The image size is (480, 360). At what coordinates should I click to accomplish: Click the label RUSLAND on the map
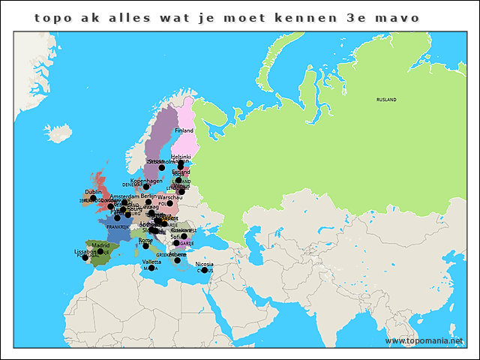(386, 99)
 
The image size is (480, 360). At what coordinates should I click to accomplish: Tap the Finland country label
(184, 130)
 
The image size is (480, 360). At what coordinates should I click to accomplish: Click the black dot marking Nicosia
(204, 271)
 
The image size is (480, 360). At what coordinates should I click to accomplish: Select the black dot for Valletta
(151, 268)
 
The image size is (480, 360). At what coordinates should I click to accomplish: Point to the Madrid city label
(100, 245)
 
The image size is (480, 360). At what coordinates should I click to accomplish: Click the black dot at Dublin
(94, 199)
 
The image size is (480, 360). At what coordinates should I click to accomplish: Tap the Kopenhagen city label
(146, 180)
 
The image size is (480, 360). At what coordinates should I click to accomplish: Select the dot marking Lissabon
(85, 257)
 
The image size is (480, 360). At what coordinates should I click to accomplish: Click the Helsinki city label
(181, 157)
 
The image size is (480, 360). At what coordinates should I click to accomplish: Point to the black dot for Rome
(145, 246)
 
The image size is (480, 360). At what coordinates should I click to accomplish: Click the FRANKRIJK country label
(118, 226)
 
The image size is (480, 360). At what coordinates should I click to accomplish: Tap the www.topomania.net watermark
(429, 340)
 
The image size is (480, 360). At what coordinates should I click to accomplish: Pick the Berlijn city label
(148, 196)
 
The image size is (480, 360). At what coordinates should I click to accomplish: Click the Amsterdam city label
(124, 196)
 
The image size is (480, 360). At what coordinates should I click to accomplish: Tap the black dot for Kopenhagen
(147, 187)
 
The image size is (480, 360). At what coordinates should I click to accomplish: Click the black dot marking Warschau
(170, 203)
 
